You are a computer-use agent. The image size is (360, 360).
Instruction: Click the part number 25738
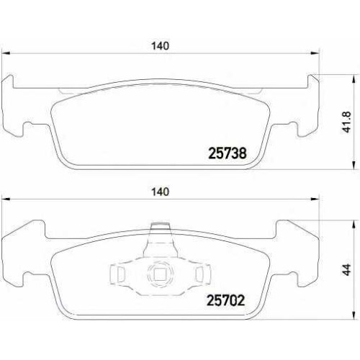click(227, 153)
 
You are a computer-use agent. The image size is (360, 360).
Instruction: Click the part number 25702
click(225, 300)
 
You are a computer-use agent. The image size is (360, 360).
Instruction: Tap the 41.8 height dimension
click(347, 122)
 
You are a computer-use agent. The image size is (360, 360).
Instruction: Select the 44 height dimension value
click(347, 269)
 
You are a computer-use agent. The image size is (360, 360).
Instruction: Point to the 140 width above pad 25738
click(160, 46)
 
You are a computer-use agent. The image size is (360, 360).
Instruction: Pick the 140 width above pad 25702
click(160, 192)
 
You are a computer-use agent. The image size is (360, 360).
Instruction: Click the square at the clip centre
click(159, 274)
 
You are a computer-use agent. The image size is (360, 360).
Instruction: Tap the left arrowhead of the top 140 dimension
click(6, 53)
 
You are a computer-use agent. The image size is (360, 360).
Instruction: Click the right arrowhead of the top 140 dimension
click(315, 53)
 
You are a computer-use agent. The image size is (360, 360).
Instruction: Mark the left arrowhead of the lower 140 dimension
click(6, 199)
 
